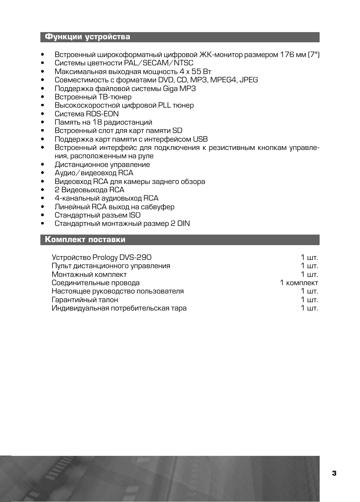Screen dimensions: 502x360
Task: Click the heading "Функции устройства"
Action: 87,37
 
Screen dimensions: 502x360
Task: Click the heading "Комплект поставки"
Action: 85,239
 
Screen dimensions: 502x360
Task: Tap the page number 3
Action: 334,473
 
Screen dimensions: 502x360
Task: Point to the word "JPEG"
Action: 249,80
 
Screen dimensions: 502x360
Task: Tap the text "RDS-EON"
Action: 102,114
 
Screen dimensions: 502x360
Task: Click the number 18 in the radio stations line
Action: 97,122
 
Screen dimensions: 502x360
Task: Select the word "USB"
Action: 200,139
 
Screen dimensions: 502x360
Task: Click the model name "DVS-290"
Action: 135,258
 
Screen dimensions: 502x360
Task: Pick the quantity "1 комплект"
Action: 299,283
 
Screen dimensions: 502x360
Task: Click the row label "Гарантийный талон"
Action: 85,300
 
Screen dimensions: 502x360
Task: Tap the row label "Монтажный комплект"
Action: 89,275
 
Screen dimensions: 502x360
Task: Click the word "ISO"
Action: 135,215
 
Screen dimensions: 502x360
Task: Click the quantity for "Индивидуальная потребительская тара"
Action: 309,308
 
